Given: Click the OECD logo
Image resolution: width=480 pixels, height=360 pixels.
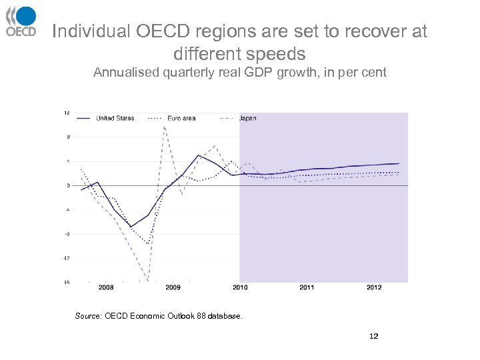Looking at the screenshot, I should point(21,21).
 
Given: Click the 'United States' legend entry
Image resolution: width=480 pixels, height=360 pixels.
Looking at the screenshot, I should point(115,118).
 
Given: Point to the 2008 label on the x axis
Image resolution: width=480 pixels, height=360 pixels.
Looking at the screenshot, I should point(106,287).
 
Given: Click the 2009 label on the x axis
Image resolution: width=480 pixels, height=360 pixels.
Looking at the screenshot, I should point(173,287).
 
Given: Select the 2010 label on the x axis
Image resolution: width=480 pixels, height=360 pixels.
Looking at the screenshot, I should point(240,287).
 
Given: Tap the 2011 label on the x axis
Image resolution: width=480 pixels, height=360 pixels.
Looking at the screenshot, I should point(307,287).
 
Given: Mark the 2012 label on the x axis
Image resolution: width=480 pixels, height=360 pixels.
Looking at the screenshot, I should point(374,287).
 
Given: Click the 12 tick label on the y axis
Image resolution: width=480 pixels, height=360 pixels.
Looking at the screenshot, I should point(67,113).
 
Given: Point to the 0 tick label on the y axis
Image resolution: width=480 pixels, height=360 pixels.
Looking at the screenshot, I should point(68,185).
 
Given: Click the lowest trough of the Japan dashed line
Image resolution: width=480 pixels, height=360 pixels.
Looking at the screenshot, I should point(148,280).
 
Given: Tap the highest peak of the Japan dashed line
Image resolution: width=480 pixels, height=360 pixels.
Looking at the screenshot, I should point(164,127).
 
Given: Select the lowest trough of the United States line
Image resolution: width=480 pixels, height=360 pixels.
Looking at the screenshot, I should point(131,227).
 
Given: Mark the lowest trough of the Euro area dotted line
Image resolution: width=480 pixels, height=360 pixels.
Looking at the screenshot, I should point(148,244).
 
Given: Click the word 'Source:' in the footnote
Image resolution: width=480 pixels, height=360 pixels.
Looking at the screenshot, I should point(88,316).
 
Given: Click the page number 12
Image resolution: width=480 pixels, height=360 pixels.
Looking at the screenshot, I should point(373,336).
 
